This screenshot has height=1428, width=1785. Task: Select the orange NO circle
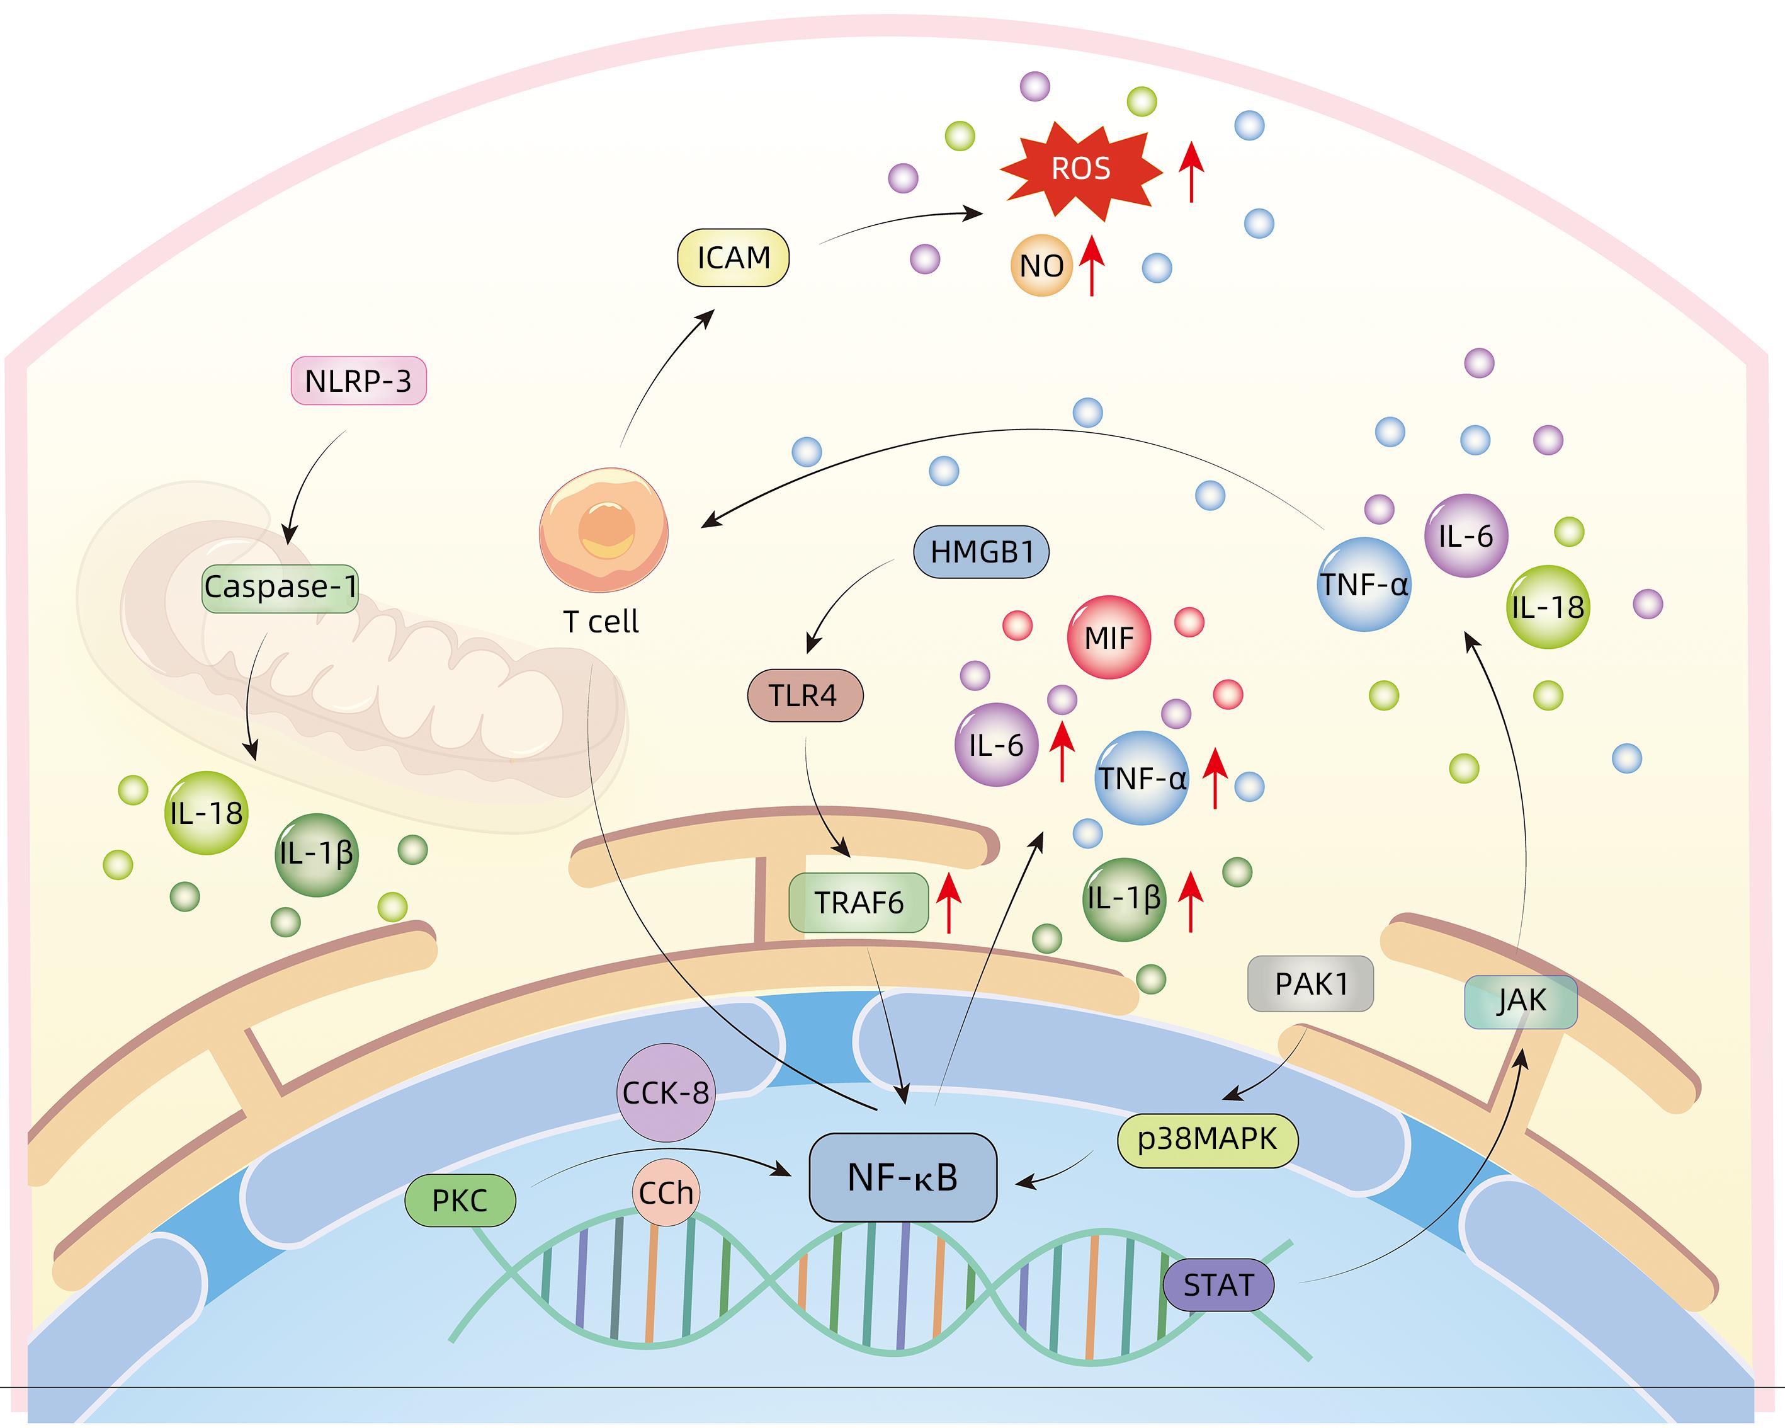tap(1041, 266)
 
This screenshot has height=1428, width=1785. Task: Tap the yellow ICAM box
tap(734, 258)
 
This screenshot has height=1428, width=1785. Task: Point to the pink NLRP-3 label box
tap(358, 381)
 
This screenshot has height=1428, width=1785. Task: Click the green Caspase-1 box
tap(280, 587)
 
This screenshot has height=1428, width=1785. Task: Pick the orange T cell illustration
tap(604, 530)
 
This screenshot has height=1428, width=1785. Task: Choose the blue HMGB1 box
tap(981, 552)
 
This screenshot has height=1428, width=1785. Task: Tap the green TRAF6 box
tap(859, 902)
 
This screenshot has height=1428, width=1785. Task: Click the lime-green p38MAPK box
tap(1207, 1140)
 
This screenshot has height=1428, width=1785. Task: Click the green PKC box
tap(460, 1200)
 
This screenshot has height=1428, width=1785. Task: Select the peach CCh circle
tap(666, 1193)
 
